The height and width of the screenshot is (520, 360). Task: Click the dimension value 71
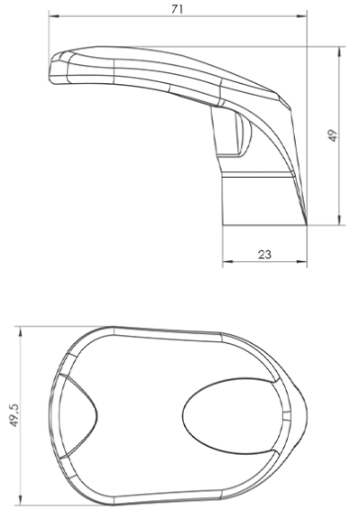click(177, 9)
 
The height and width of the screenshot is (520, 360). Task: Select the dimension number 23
click(264, 255)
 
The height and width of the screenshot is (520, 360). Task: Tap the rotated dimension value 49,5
click(15, 415)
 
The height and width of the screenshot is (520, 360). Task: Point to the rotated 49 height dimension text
click(334, 135)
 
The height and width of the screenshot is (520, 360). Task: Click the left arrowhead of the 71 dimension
click(54, 16)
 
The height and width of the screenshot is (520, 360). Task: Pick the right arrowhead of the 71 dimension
click(302, 16)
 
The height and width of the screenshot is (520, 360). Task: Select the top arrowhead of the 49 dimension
click(339, 51)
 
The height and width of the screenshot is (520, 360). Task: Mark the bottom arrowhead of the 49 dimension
click(339, 220)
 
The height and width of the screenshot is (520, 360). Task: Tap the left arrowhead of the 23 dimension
click(227, 262)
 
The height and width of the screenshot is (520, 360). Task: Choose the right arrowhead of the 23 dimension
click(302, 262)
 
